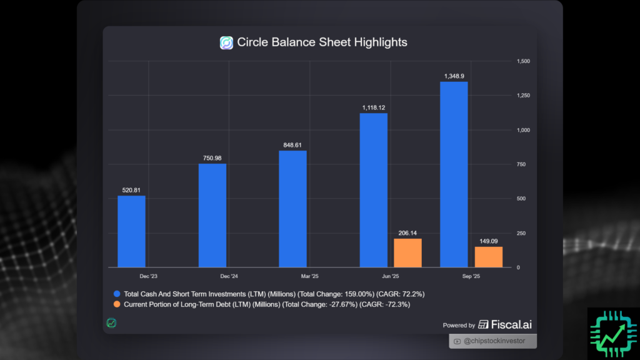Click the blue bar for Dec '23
tap(131, 231)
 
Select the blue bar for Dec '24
tap(212, 216)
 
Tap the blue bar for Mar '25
tap(292, 209)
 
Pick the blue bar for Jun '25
tap(374, 190)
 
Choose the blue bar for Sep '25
tap(454, 174)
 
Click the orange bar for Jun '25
tap(407, 253)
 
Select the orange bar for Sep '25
tap(488, 257)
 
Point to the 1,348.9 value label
tap(454, 76)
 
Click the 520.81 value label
tap(131, 189)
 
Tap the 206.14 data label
tap(407, 232)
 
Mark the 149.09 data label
tap(488, 241)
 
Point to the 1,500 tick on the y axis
tap(522, 61)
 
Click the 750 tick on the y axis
tap(520, 164)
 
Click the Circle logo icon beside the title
tap(226, 43)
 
